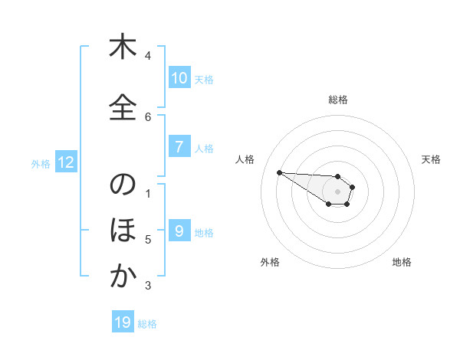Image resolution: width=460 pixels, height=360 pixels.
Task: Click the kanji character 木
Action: [123, 48]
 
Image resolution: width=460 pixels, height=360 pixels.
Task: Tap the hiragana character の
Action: [123, 185]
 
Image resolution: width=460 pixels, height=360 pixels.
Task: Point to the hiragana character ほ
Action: [123, 231]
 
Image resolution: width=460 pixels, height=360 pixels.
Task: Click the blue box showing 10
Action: [179, 78]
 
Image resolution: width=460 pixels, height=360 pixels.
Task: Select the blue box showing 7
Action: [179, 147]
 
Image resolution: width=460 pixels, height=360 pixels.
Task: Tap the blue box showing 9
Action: [179, 231]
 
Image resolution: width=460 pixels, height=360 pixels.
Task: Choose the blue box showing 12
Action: [65, 162]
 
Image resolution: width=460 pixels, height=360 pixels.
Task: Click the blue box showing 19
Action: [123, 322]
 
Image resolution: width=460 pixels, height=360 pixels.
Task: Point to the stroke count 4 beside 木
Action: [148, 56]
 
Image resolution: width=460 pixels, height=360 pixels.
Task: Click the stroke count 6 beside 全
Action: [148, 116]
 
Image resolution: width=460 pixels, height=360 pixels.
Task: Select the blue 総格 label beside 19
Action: [147, 324]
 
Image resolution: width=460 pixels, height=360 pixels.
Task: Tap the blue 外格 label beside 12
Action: [41, 163]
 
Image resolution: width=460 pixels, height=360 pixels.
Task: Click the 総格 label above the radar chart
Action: [337, 100]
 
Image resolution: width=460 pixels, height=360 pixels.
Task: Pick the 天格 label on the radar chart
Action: [431, 159]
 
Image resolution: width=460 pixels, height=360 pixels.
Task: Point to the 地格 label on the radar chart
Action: [402, 262]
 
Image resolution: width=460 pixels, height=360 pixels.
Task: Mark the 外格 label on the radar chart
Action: [270, 262]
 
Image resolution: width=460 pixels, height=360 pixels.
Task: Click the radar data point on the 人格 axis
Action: [279, 172]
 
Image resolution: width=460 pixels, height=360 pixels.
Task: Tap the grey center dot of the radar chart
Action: [337, 191]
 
